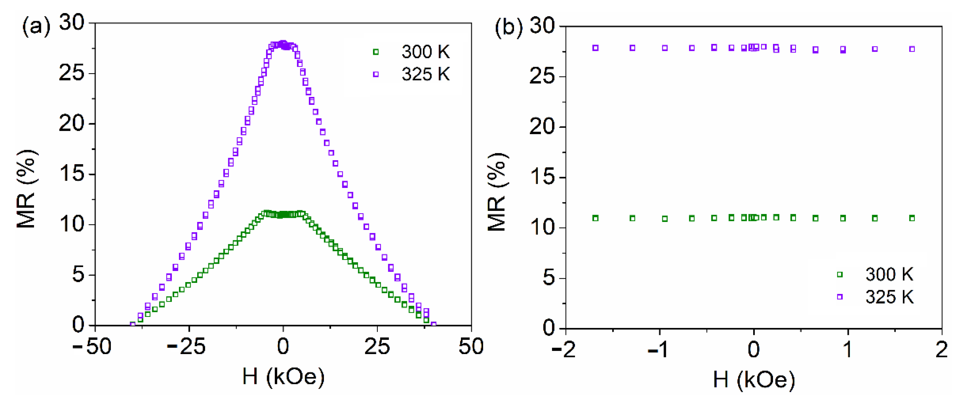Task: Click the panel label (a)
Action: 36,27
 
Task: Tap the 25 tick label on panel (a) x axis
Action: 377,347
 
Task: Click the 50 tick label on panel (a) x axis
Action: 471,347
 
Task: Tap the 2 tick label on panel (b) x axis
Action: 942,349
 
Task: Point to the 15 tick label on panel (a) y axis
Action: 72,174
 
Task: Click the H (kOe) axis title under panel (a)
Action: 283,376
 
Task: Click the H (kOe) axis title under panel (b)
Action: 754,379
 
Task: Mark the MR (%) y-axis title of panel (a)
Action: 27,189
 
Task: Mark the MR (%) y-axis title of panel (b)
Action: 498,192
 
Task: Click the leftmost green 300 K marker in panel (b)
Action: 596,218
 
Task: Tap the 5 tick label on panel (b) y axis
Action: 548,278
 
